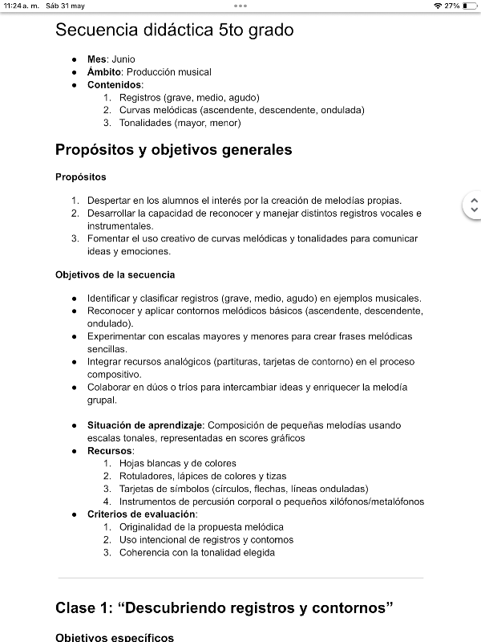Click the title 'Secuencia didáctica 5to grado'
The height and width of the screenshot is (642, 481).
(x=174, y=30)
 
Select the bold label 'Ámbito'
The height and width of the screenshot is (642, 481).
(x=105, y=72)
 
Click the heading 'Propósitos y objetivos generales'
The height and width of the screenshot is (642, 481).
(x=173, y=150)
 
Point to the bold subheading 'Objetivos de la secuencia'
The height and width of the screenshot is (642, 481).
(x=115, y=274)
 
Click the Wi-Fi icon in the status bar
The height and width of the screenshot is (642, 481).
(x=438, y=6)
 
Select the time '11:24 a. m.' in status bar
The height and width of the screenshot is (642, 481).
(x=21, y=6)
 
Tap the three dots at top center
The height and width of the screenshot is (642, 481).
(x=240, y=6)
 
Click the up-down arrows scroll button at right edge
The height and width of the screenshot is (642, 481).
(x=473, y=205)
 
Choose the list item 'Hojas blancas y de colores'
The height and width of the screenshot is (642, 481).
(x=177, y=463)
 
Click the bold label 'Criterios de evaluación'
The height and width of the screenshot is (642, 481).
(x=141, y=514)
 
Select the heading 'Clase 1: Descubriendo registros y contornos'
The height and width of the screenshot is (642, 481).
(x=224, y=607)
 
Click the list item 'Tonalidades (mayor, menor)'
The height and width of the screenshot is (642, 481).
(x=180, y=123)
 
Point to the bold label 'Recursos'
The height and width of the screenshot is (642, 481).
(x=110, y=450)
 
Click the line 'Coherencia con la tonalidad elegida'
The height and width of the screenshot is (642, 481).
(x=196, y=552)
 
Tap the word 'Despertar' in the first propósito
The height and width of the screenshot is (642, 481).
(x=109, y=200)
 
